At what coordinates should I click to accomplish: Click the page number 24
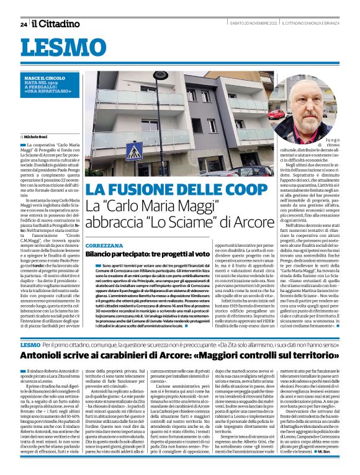(24, 24)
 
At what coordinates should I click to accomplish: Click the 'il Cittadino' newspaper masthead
(56, 24)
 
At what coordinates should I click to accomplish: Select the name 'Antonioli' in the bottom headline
(49, 355)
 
